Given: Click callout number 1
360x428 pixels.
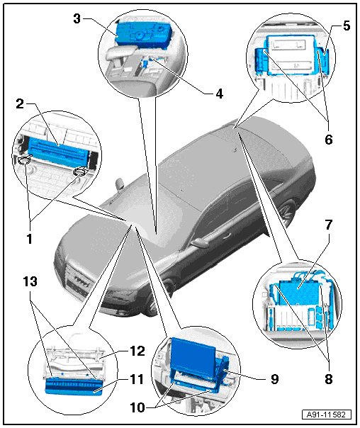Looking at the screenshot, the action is click(x=29, y=239).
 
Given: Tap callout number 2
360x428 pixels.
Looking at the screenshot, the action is click(x=20, y=104).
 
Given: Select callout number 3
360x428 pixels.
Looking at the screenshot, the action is click(x=77, y=19).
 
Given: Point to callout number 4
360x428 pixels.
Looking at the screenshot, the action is click(x=219, y=94).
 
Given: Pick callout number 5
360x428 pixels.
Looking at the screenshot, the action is click(x=347, y=26).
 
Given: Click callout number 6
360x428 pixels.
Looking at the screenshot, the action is click(x=329, y=140).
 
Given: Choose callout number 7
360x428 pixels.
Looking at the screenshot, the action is click(x=328, y=225).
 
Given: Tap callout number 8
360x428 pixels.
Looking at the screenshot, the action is click(x=329, y=378).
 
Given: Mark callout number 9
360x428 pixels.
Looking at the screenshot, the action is click(x=274, y=378).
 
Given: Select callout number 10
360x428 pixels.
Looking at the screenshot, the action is click(x=137, y=407).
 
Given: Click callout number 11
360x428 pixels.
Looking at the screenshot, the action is click(x=137, y=379).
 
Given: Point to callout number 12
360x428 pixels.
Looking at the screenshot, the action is click(x=137, y=351).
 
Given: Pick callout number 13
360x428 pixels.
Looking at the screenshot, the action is click(x=30, y=281).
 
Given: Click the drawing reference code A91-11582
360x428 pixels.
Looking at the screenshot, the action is click(x=327, y=415).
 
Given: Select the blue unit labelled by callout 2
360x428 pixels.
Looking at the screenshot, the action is click(x=59, y=152).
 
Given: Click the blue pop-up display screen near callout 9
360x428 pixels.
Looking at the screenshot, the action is click(x=193, y=354).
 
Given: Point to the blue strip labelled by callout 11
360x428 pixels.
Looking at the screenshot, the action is click(x=73, y=386).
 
